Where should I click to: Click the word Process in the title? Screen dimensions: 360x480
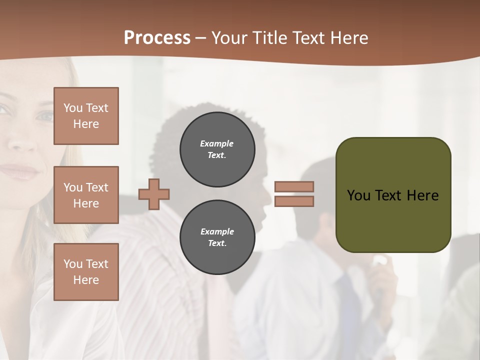pyautogui.click(x=157, y=37)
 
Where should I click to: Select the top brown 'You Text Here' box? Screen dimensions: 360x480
pyautogui.click(x=86, y=116)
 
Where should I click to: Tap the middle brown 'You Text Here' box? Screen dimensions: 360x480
pyautogui.click(x=86, y=195)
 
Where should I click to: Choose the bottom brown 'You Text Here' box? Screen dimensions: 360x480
pyautogui.click(x=86, y=271)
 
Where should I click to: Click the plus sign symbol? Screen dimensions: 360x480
pyautogui.click(x=154, y=194)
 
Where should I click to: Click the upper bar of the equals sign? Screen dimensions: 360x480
pyautogui.click(x=294, y=186)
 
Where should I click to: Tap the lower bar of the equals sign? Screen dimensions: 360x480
pyautogui.click(x=294, y=201)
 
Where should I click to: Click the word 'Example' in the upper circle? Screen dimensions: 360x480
pyautogui.click(x=217, y=143)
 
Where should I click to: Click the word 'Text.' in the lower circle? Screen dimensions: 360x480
pyautogui.click(x=217, y=243)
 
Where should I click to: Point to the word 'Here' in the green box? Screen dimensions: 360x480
pyautogui.click(x=422, y=195)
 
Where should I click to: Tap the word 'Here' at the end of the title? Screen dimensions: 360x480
pyautogui.click(x=350, y=37)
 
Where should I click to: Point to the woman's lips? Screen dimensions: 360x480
pyautogui.click(x=19, y=171)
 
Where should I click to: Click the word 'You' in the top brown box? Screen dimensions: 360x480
pyautogui.click(x=73, y=108)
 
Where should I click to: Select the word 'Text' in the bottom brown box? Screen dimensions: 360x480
pyautogui.click(x=97, y=263)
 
